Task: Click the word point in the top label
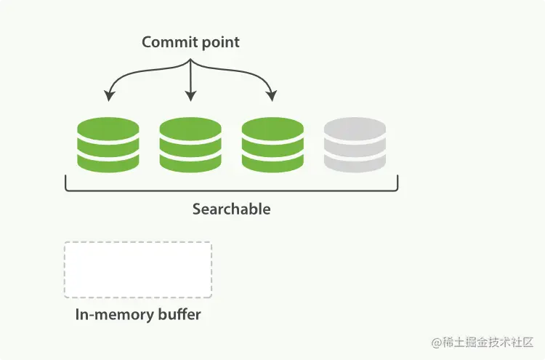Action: click(x=219, y=42)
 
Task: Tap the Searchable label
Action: click(x=231, y=209)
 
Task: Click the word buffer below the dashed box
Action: click(x=175, y=316)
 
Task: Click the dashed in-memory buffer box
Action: click(x=138, y=270)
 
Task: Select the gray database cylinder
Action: click(x=355, y=145)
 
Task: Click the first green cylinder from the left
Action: click(x=108, y=145)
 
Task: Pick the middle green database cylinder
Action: click(x=190, y=145)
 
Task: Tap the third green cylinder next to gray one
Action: click(x=272, y=145)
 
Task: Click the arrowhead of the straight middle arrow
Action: click(x=190, y=97)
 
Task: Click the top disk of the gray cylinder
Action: click(x=355, y=131)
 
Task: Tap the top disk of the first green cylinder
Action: click(x=108, y=131)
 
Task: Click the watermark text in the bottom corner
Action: click(x=483, y=342)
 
